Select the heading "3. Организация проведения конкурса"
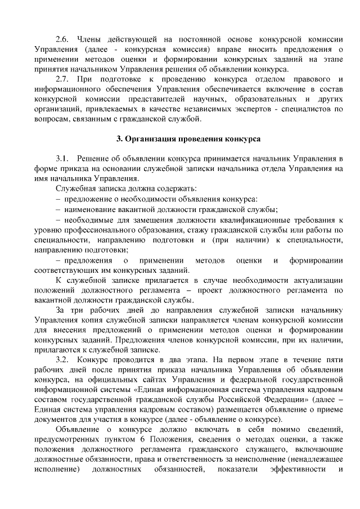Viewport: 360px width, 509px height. [x=180, y=138]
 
